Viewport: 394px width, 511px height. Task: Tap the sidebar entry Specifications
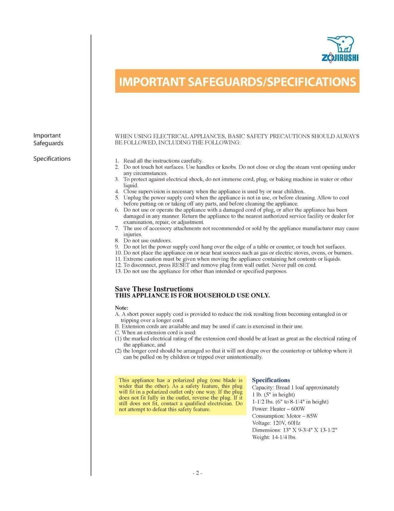point(52,159)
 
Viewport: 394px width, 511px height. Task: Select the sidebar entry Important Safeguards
point(48,140)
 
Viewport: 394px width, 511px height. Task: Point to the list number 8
point(117,240)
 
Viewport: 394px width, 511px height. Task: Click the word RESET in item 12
point(181,265)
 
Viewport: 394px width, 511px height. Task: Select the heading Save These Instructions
point(154,289)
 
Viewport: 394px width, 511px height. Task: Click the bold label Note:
point(122,308)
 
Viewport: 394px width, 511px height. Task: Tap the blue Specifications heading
point(271,380)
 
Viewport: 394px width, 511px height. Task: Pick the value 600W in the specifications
point(298,409)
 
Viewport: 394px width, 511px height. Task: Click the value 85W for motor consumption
point(312,416)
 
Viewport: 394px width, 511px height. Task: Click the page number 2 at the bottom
point(197,473)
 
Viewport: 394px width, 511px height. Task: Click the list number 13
point(119,271)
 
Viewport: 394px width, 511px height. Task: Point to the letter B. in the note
point(117,326)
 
